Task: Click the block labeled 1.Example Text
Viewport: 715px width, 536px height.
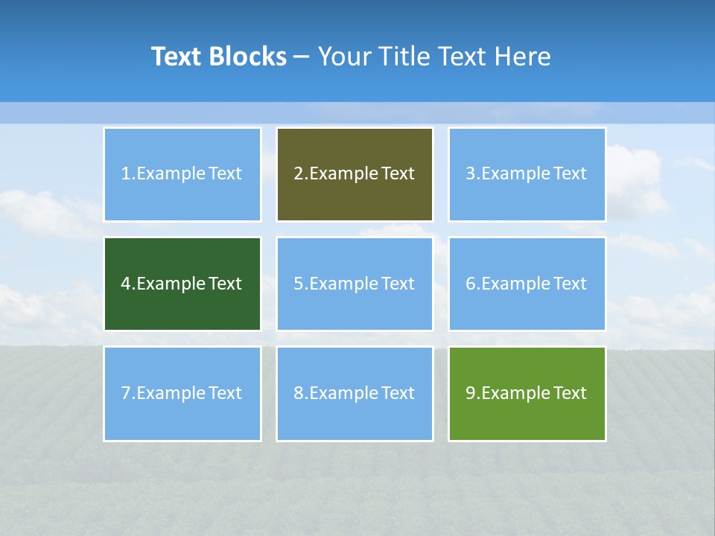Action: [x=182, y=174]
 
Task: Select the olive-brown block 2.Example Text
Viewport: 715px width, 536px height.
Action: [x=355, y=174]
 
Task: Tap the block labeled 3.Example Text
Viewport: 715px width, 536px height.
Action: [x=527, y=174]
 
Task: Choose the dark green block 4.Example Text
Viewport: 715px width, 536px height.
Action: [x=182, y=284]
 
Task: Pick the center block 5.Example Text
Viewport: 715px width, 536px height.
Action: [x=355, y=284]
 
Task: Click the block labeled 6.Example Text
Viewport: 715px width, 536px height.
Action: [x=527, y=284]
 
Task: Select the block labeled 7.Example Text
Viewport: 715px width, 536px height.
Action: [x=182, y=393]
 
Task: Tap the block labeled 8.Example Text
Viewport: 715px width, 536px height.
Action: [x=355, y=393]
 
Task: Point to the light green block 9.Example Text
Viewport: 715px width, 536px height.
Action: [x=527, y=393]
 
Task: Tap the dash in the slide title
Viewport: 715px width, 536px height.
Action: [x=302, y=57]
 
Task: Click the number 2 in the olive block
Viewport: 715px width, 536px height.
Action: [x=298, y=174]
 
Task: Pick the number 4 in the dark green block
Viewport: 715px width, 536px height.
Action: [x=126, y=284]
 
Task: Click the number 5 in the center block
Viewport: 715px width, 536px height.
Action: [x=298, y=284]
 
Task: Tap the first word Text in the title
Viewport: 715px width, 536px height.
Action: [x=177, y=57]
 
